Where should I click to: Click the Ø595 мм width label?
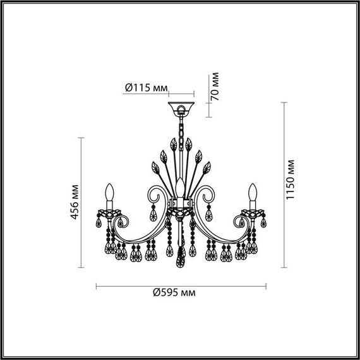(x=174, y=293)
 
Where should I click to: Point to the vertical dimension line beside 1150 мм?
(x=278, y=184)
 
